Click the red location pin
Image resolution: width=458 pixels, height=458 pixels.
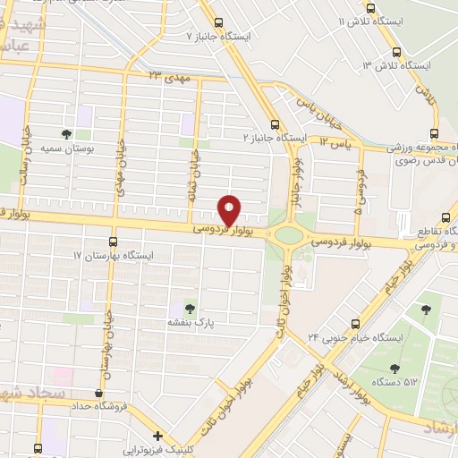[230, 208]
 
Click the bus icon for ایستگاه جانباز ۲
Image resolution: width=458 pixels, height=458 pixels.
[276, 124]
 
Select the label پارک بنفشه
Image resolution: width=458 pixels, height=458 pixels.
[189, 320]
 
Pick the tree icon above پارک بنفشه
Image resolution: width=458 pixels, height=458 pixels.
[189, 305]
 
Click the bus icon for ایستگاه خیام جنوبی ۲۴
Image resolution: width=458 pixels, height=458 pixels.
[356, 324]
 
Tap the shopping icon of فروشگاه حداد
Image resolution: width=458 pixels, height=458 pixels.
[98, 394]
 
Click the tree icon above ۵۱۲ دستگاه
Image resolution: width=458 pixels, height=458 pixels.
[394, 367]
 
